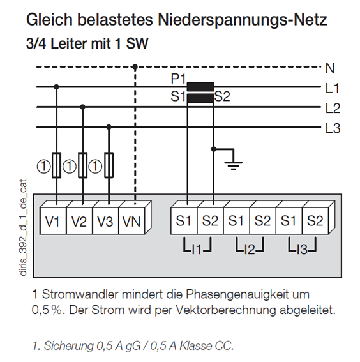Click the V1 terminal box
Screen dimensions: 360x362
tap(53, 221)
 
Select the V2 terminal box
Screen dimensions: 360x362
tap(79, 221)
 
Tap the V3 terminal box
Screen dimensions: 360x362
tap(105, 221)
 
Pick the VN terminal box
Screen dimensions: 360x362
tap(131, 221)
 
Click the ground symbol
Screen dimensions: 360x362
tap(234, 163)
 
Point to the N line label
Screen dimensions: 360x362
tap(330, 68)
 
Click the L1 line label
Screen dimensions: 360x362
tap(333, 88)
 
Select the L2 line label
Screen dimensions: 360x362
tap(333, 108)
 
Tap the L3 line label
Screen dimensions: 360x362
tap(333, 128)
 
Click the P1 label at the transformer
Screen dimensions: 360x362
tap(178, 79)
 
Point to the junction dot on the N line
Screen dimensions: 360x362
tap(135, 67)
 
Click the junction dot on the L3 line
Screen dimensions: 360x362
tap(109, 127)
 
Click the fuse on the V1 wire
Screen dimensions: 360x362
tap(57, 165)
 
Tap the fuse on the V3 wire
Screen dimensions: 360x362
tap(109, 165)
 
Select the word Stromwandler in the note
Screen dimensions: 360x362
tap(80, 294)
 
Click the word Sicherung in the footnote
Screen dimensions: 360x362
tap(69, 345)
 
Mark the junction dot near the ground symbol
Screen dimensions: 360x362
tap(214, 149)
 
